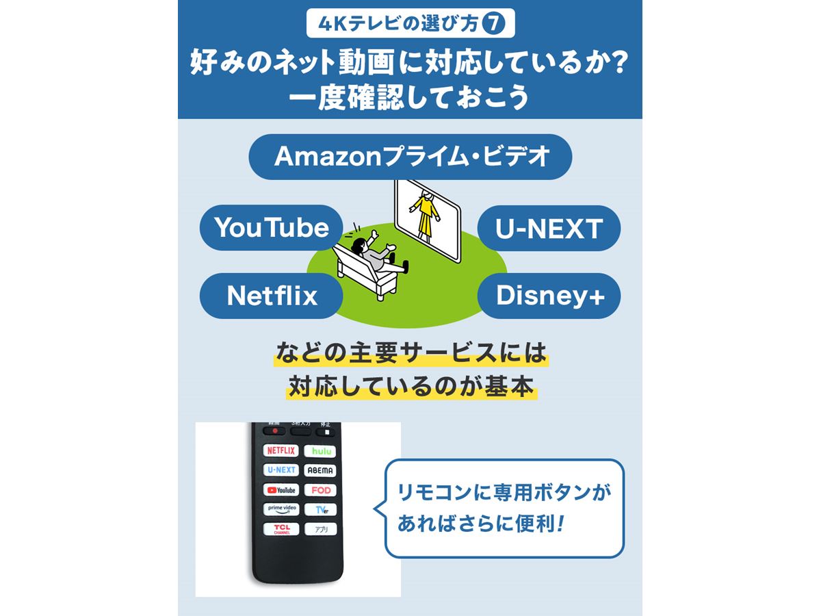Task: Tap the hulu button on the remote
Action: click(x=321, y=451)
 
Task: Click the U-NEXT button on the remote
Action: click(x=281, y=470)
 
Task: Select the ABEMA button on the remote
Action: click(x=321, y=470)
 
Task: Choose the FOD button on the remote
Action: click(x=321, y=490)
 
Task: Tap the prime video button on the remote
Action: click(x=281, y=509)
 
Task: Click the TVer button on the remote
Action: click(x=321, y=510)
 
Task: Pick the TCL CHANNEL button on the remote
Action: click(x=281, y=529)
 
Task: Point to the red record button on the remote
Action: click(x=275, y=431)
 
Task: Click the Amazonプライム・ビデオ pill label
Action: click(x=411, y=157)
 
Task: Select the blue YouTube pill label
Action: click(x=271, y=228)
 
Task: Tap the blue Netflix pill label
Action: click(x=272, y=296)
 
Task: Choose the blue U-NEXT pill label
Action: click(x=549, y=228)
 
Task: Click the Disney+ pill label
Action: click(x=549, y=296)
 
